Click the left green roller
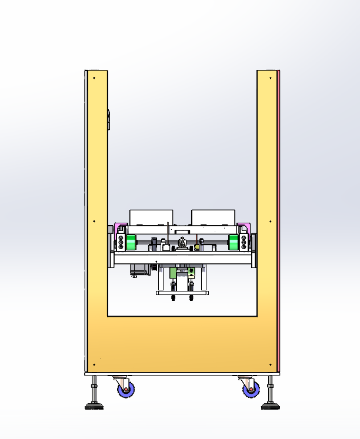pyautogui.click(x=130, y=242)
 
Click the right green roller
pyautogui.click(x=234, y=242)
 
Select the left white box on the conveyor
pyautogui.click(x=151, y=216)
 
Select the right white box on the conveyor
pyautogui.click(x=214, y=216)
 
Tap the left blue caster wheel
pyautogui.click(x=125, y=388)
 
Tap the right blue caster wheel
pyautogui.click(x=251, y=388)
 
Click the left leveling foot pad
pyautogui.click(x=94, y=405)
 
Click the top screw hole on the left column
pyautogui.click(x=94, y=78)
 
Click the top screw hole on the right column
pyautogui.click(x=270, y=78)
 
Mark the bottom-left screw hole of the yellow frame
pyautogui.click(x=94, y=364)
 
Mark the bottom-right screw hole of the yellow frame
pyautogui.click(x=270, y=364)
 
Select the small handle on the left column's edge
pyautogui.click(x=109, y=119)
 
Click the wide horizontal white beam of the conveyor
pyautogui.click(x=182, y=259)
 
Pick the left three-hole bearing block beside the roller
pyautogui.click(x=121, y=242)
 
